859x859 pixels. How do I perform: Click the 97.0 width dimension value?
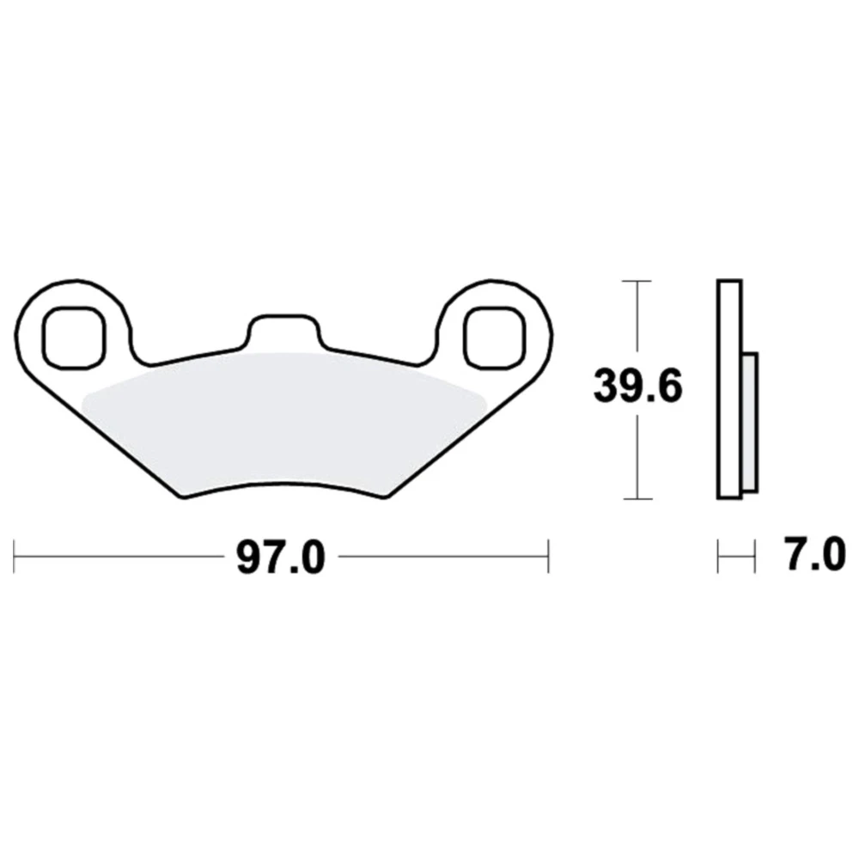click(281, 557)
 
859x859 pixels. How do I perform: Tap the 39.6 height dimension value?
click(638, 387)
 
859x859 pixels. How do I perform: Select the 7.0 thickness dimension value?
click(815, 555)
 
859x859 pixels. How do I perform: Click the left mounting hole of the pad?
click(73, 338)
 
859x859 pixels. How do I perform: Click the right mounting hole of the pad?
click(495, 338)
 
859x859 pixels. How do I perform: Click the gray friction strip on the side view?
click(749, 423)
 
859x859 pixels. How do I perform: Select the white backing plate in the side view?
click(729, 389)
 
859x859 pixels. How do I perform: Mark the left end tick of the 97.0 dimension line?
click(14, 557)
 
